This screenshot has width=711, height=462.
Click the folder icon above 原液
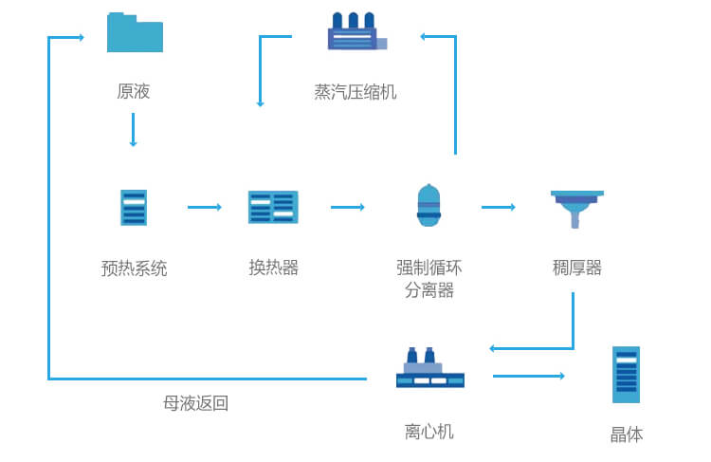click(x=135, y=32)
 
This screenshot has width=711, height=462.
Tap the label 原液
click(x=134, y=92)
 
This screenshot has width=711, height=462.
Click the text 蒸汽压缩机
click(x=355, y=92)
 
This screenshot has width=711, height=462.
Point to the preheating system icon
click(x=134, y=207)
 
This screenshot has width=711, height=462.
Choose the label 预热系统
click(x=134, y=268)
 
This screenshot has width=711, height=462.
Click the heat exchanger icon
click(x=273, y=207)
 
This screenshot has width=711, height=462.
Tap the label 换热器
click(x=273, y=268)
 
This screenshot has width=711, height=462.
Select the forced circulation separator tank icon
click(x=429, y=205)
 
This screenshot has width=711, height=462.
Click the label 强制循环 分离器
click(x=429, y=279)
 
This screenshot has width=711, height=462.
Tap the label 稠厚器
click(x=576, y=268)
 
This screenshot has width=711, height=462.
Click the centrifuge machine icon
click(x=429, y=368)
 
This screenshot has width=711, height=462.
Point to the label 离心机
click(x=429, y=432)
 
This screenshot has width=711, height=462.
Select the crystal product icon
click(x=626, y=375)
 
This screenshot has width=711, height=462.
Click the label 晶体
click(x=626, y=434)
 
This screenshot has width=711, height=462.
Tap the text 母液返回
click(x=195, y=403)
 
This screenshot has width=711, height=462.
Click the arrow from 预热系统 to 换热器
click(x=204, y=207)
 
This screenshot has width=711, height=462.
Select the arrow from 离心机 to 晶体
click(x=528, y=377)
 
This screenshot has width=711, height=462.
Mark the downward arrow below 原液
click(x=133, y=130)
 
